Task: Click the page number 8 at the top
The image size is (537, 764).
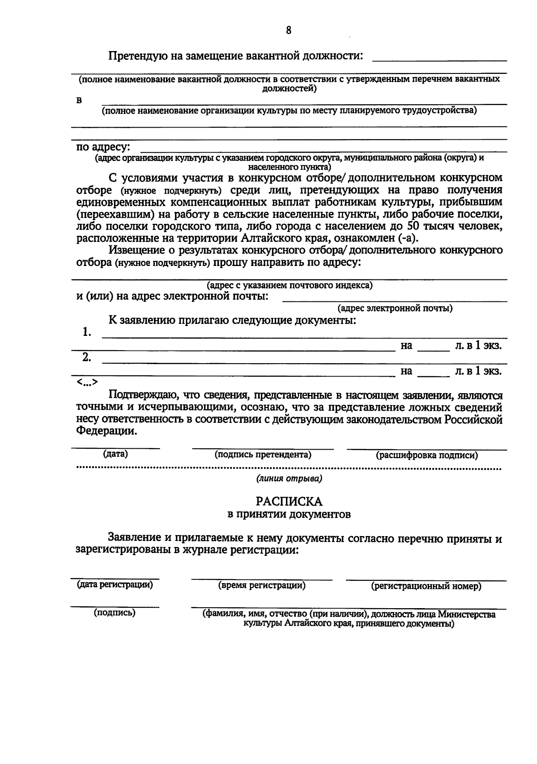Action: click(x=289, y=30)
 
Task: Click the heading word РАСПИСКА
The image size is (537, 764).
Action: click(x=289, y=501)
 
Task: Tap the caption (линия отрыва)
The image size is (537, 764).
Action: click(x=289, y=479)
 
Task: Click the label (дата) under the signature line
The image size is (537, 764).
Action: click(x=115, y=454)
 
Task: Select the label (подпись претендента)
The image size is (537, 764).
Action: click(x=263, y=455)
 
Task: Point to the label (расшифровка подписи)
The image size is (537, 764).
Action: click(x=427, y=455)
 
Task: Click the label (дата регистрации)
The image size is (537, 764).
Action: click(x=115, y=584)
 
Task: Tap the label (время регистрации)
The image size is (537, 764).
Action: click(x=262, y=585)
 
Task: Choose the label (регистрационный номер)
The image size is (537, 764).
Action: click(x=426, y=586)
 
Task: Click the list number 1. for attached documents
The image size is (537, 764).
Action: click(x=87, y=332)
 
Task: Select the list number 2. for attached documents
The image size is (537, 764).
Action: click(x=87, y=357)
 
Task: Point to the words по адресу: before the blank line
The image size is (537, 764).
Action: click(x=103, y=147)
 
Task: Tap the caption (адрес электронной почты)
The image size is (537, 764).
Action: click(x=395, y=309)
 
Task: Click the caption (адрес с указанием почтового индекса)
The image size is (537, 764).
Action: click(x=289, y=285)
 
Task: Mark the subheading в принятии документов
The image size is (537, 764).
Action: click(x=289, y=515)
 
